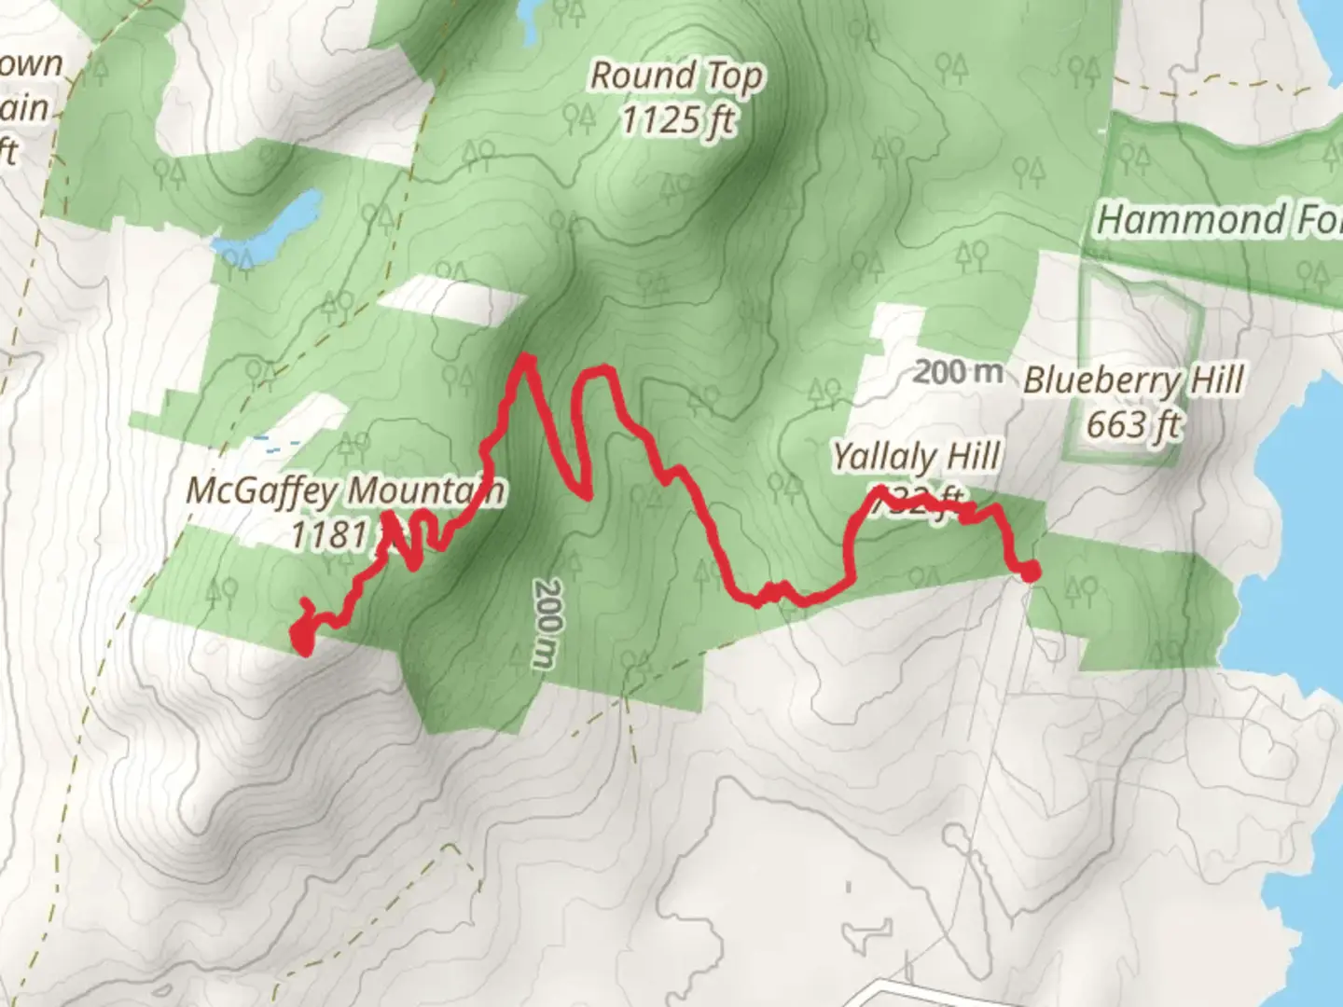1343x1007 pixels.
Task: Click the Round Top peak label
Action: [676, 76]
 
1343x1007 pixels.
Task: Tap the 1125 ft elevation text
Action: [678, 120]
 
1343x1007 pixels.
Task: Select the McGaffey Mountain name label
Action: [345, 490]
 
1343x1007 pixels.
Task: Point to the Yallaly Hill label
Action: [916, 457]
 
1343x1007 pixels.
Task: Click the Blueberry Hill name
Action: [1133, 380]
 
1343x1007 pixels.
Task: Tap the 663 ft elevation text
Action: [1133, 425]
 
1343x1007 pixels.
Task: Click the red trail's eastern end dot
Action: [1030, 571]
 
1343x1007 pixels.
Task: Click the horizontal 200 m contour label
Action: [958, 372]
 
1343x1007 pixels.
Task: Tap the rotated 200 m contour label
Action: [547, 623]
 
